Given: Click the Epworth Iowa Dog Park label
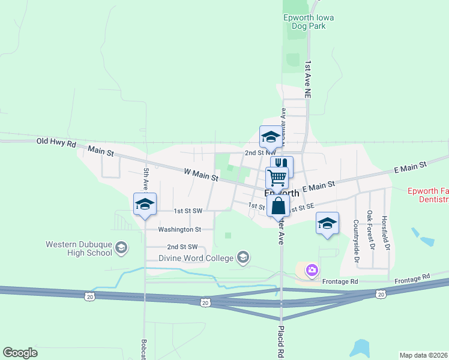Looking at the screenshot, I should [309, 22].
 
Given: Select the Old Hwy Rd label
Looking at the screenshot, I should [56, 142].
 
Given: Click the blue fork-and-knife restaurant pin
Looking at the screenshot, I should [282, 164].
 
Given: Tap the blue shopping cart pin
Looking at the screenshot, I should [277, 177].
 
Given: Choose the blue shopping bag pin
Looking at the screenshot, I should [279, 206].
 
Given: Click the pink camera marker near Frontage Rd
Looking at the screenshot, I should [312, 271].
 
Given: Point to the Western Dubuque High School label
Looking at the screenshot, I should [79, 248].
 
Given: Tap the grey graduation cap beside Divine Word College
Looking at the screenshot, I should [243, 258].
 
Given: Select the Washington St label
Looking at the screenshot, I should [179, 229].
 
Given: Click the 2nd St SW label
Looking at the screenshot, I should [182, 247].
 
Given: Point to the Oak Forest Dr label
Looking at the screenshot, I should [370, 230].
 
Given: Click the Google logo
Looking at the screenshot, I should [20, 353].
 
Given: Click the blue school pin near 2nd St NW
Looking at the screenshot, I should [270, 137].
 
